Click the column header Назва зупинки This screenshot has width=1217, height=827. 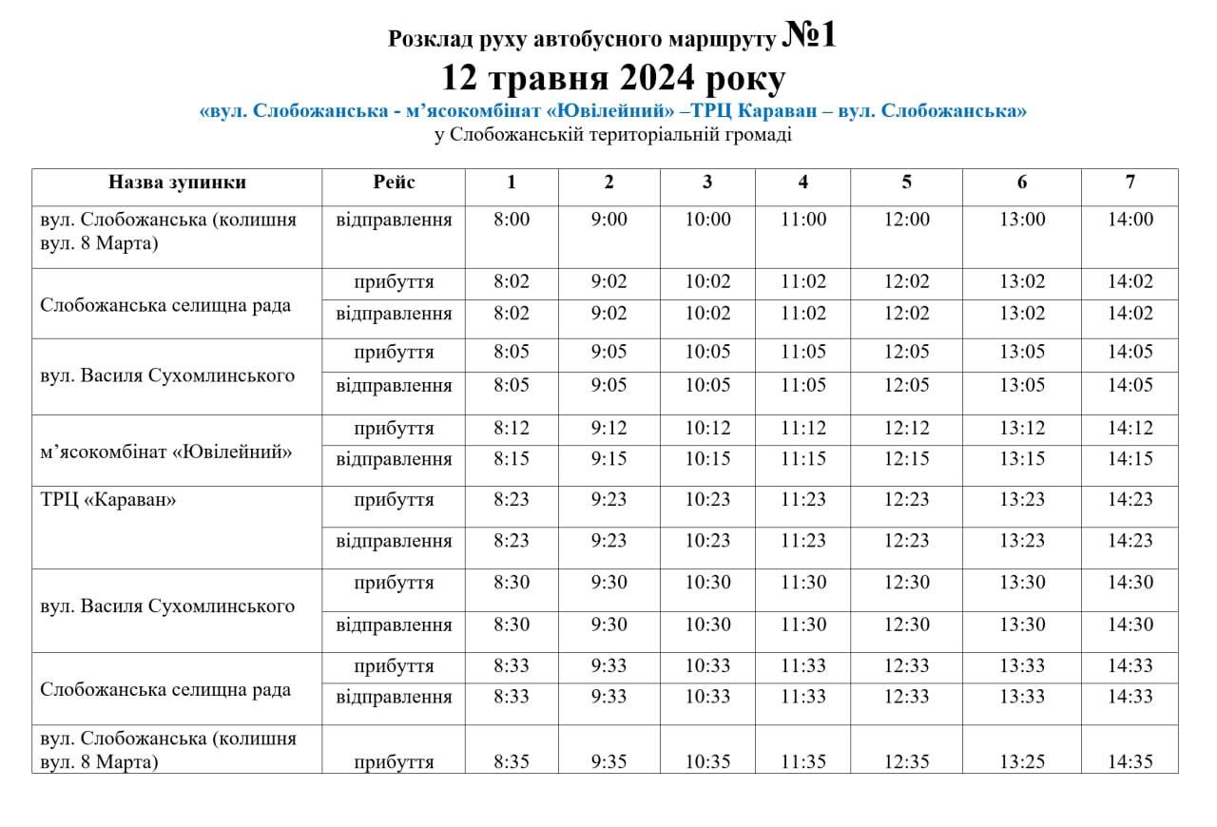point(177,183)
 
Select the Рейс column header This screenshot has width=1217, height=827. point(394,183)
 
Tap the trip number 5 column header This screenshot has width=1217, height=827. point(906,183)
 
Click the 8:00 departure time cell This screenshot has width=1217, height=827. point(512,220)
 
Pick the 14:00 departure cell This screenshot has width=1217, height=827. point(1130,220)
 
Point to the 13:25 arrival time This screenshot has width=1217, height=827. point(1021,761)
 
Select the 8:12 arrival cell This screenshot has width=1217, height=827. point(512,428)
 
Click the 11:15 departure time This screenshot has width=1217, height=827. point(803,458)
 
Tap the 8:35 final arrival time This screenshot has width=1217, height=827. point(512,761)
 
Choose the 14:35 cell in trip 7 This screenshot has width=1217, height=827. point(1130,761)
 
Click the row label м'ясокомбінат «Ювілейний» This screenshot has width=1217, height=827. point(166,452)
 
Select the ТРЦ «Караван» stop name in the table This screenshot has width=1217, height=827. point(108,500)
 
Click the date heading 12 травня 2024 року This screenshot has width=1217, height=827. point(612,77)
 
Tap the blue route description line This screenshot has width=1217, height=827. point(612,111)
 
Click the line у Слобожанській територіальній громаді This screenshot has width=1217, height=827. point(612,135)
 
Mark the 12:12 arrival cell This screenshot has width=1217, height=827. point(906,428)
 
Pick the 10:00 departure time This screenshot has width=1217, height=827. point(707,220)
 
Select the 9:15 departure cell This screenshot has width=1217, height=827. point(608,458)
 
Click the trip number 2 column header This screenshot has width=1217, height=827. point(608,183)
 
